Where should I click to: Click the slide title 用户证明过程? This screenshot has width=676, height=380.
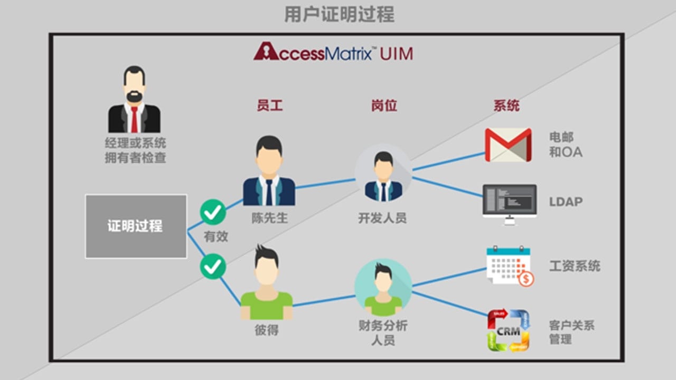tap(339, 14)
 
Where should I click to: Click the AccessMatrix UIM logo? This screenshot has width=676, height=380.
tap(333, 53)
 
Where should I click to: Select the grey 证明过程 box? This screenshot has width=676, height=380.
tap(136, 226)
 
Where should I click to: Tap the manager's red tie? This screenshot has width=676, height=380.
tap(134, 119)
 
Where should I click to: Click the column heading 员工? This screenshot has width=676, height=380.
tap(270, 106)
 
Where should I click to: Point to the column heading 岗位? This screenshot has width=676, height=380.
tap(384, 106)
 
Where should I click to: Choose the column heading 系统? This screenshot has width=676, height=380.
tap(506, 106)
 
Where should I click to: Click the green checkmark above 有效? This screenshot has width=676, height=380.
tap(213, 213)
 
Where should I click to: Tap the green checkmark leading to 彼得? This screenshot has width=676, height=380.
tap(213, 267)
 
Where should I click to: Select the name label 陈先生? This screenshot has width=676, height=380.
tap(270, 218)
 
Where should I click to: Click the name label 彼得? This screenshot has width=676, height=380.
tap(267, 331)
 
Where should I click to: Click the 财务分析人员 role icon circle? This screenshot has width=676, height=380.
tap(383, 288)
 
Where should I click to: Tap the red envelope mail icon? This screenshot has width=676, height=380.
tap(508, 145)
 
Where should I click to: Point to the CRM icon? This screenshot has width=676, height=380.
tap(508, 330)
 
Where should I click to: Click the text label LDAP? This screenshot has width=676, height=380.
tap(566, 202)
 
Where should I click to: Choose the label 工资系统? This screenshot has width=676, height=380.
tap(575, 265)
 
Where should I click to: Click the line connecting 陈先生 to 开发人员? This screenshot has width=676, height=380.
tap(325, 183)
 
